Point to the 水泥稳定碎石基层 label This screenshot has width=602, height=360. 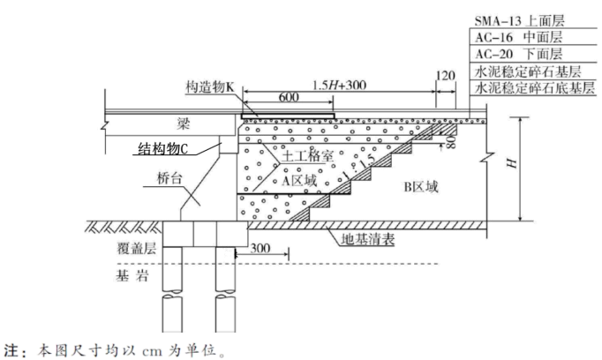pos(527,71)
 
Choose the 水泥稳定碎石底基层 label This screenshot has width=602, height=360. pos(531,88)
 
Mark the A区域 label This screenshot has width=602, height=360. pos(298,179)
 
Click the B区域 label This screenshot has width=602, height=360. pos(419,186)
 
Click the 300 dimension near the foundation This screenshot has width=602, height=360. pos(261,249)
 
